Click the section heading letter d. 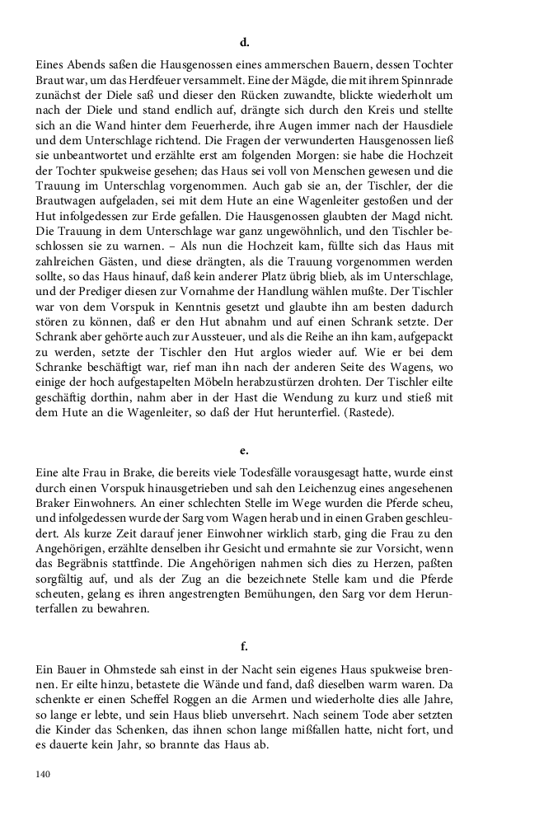click(x=244, y=41)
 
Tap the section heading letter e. click(x=244, y=452)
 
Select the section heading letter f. click(x=244, y=646)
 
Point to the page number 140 click(x=45, y=774)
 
